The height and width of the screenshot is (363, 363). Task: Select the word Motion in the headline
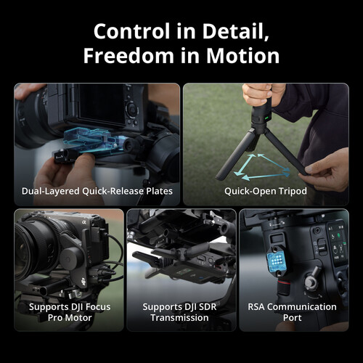pyautogui.click(x=242, y=57)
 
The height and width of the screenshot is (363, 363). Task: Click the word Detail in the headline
pyautogui.click(x=237, y=32)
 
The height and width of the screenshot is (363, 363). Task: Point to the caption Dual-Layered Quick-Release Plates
pyautogui.click(x=97, y=192)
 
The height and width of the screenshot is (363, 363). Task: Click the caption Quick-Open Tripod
pyautogui.click(x=266, y=192)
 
